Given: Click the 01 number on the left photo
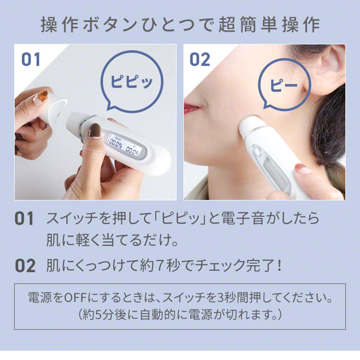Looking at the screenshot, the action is (x=31, y=59).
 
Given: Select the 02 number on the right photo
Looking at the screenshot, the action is (x=200, y=59).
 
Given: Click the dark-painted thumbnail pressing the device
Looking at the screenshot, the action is (x=95, y=130).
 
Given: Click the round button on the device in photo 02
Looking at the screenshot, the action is (x=256, y=152).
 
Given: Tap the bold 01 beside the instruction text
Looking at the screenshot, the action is (x=24, y=218).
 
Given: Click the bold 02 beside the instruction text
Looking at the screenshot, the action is (x=25, y=265).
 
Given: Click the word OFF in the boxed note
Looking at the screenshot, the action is (x=76, y=298).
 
